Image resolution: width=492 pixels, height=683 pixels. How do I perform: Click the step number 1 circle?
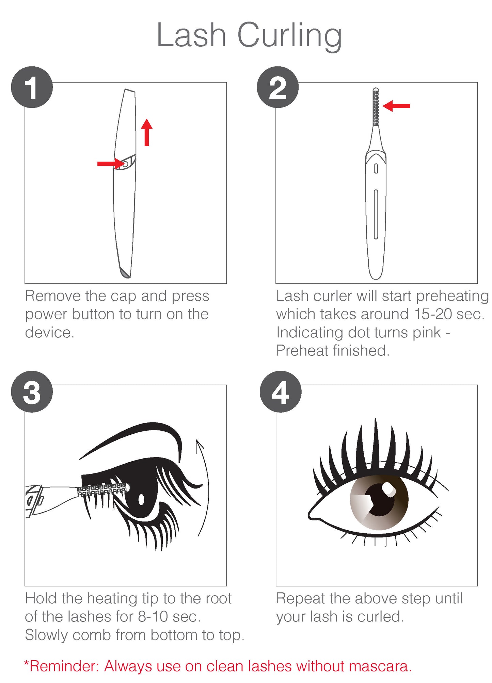[x=32, y=87]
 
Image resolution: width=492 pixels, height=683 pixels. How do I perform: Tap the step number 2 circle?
[x=277, y=87]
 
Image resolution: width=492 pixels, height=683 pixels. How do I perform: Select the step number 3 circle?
[x=32, y=392]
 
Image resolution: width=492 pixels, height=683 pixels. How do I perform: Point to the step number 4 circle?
[x=281, y=392]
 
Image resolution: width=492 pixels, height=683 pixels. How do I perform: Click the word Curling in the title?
[x=289, y=36]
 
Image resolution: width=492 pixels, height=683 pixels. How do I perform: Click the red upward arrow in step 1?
[x=147, y=132]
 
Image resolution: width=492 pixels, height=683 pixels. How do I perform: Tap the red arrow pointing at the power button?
[x=111, y=164]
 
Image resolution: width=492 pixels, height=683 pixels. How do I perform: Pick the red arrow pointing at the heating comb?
[x=396, y=106]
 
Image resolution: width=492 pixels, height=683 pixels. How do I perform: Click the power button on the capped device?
[x=125, y=164]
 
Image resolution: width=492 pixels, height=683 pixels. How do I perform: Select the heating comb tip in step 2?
[x=376, y=107]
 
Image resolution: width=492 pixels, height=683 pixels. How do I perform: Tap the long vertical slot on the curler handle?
[x=376, y=214]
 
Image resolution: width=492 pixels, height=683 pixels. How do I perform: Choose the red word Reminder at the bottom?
[x=63, y=666]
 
